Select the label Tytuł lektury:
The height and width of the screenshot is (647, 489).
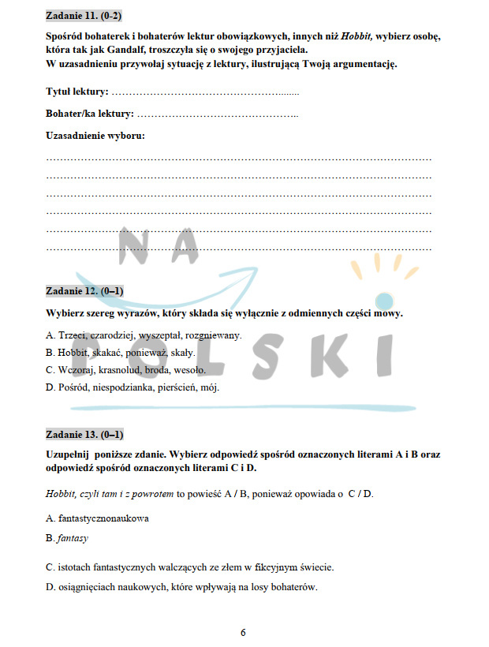pyautogui.click(x=77, y=92)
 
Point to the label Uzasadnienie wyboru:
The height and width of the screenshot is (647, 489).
pyautogui.click(x=95, y=136)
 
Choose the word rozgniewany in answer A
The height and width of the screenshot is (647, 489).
pyautogui.click(x=213, y=335)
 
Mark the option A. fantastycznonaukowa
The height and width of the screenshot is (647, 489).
pyautogui.click(x=98, y=518)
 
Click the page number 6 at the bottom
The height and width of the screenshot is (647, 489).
pyautogui.click(x=243, y=632)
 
